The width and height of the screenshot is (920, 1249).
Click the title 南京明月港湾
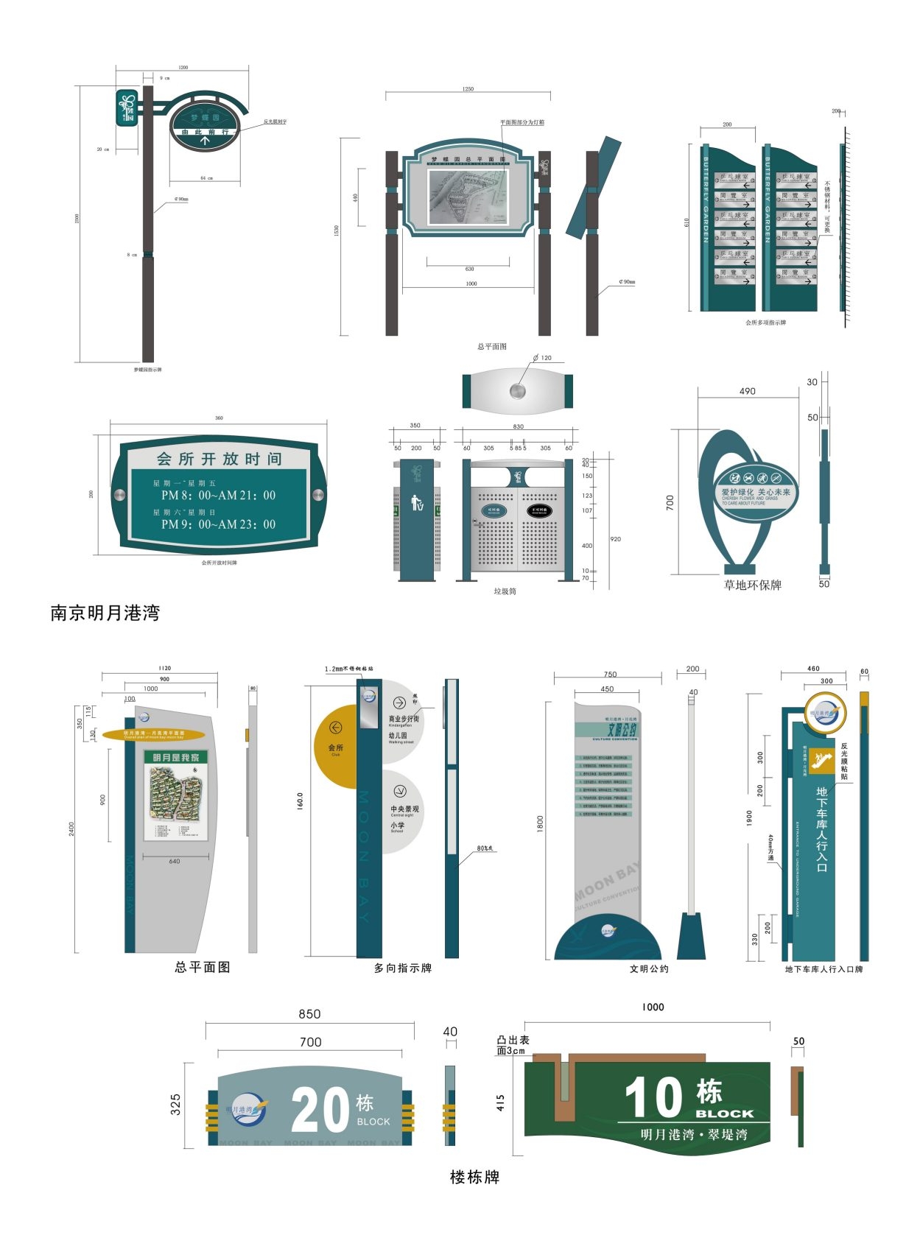point(105,613)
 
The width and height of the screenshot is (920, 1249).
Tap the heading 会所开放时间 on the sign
point(219,459)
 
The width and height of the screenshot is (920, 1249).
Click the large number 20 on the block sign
point(320,1111)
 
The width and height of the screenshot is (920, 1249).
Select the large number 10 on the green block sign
point(654,1098)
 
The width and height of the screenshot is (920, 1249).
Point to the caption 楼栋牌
point(474,1177)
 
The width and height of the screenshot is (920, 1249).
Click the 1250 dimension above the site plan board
point(468,89)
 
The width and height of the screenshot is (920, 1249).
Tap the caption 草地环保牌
point(752,585)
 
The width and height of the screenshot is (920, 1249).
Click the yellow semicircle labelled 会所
point(336,746)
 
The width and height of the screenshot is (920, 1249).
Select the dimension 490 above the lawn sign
point(747,391)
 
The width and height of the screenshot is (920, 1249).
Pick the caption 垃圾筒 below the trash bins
point(505,591)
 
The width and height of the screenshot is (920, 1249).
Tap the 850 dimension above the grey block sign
point(309,1014)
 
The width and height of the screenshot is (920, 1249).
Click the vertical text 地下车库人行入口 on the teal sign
point(821,828)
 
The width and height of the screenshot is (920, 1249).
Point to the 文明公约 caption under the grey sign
point(649,968)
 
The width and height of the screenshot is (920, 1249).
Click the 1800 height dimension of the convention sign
point(540,823)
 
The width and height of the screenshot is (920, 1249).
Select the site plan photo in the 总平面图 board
point(468,197)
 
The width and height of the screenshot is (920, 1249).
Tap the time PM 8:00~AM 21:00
point(218,496)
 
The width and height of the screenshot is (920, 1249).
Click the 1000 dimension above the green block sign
point(653,1007)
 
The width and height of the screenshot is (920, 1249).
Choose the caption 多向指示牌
point(402,968)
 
